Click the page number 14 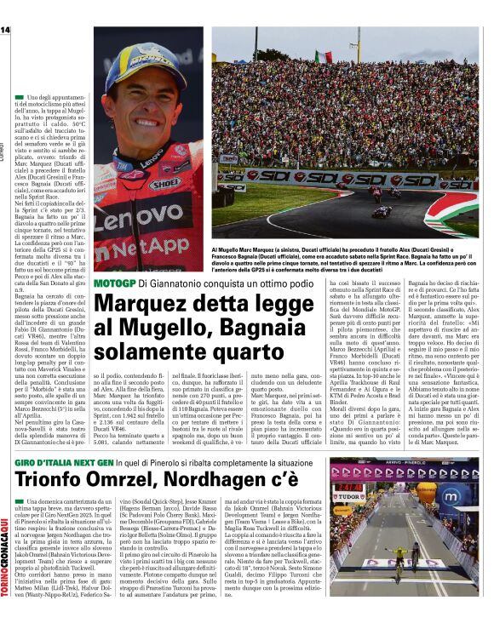click(5, 31)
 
